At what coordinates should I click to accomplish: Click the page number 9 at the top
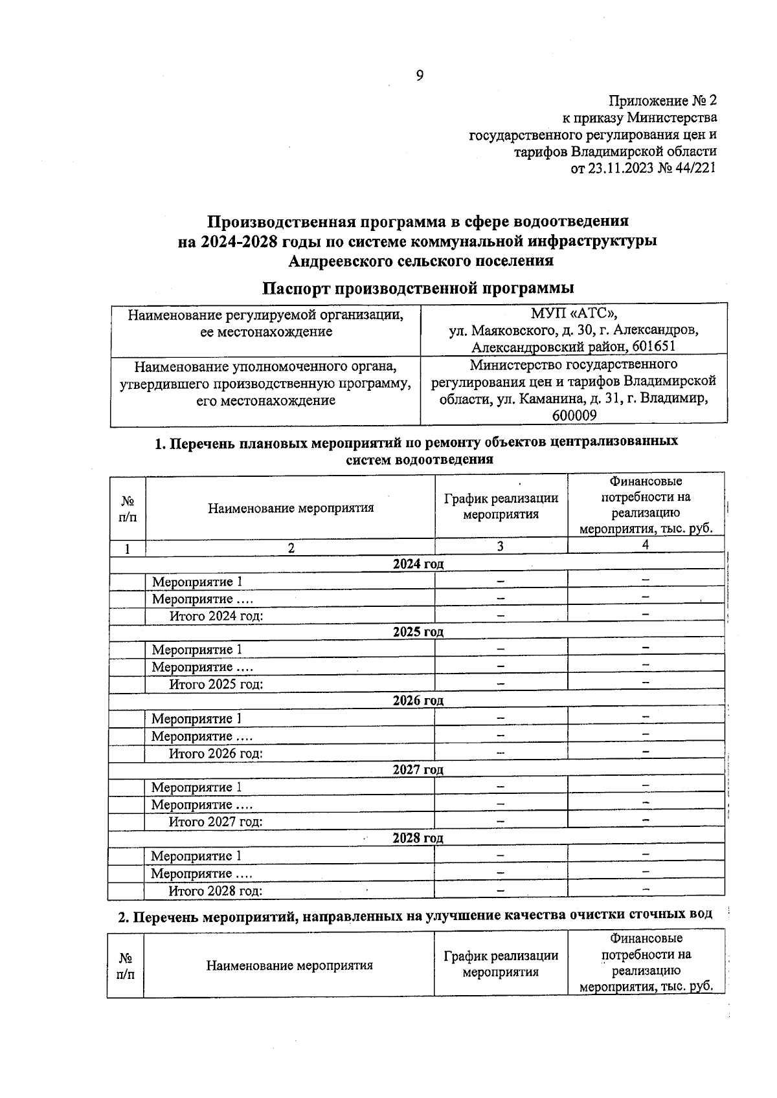419,76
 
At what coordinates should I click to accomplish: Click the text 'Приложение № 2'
662,101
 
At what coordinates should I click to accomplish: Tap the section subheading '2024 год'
418,564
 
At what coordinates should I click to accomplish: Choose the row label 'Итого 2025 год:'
216,685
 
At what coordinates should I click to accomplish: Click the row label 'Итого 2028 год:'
216,891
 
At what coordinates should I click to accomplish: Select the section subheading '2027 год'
418,770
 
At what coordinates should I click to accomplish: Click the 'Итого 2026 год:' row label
216,753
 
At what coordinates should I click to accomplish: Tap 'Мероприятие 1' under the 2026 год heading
197,719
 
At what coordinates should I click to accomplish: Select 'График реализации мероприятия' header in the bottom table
501,963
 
